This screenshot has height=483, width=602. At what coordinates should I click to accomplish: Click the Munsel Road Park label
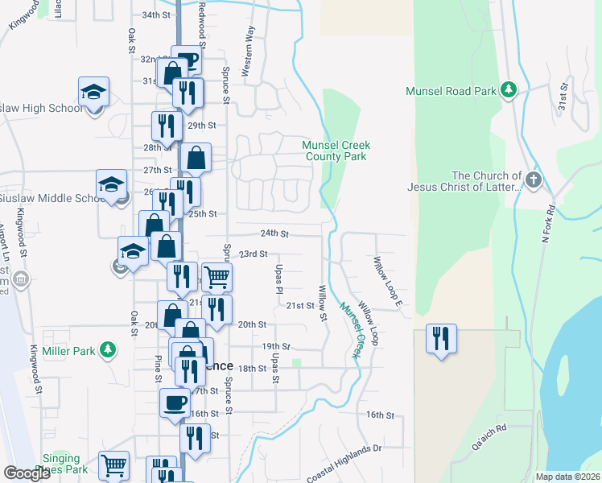point(451,91)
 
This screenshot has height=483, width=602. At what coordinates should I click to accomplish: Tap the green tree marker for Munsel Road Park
point(508,89)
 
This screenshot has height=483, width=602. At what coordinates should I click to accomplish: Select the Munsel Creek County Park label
point(334,151)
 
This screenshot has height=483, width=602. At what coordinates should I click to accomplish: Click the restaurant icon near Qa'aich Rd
point(440,336)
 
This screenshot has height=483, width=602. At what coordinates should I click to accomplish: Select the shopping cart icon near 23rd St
point(216,276)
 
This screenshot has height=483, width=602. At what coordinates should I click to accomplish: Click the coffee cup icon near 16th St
point(174,402)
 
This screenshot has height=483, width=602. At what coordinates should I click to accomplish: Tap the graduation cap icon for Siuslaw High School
point(93,90)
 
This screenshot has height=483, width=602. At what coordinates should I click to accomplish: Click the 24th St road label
point(274,233)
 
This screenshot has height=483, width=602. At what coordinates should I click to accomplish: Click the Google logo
point(27,473)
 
